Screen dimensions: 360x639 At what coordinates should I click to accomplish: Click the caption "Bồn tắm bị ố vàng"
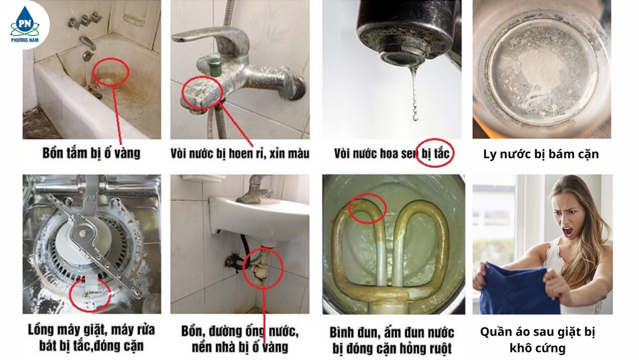91,152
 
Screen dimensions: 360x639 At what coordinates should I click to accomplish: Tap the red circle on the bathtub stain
111,73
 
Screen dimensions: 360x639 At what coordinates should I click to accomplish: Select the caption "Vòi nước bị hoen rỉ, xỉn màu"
240,153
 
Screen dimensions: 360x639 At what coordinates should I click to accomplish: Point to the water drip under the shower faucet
414,94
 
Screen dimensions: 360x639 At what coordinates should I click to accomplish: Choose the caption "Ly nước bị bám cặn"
540,153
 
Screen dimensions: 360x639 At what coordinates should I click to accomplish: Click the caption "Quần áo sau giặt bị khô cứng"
537,339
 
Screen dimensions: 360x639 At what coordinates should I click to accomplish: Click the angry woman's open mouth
567,231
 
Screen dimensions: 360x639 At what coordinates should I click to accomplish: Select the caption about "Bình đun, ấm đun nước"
392,339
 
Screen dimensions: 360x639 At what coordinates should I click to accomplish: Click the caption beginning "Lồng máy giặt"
91,337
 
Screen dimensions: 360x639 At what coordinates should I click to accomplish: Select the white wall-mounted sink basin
262,215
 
